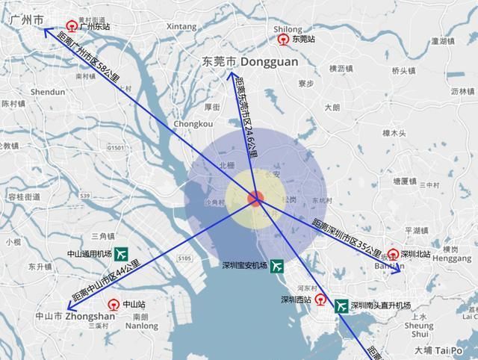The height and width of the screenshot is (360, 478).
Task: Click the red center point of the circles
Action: [x=255, y=199]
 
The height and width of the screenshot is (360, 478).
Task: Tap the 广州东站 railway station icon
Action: [x=71, y=25]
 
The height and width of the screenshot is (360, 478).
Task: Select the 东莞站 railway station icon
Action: [x=284, y=39]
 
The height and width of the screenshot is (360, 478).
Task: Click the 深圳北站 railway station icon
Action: [x=393, y=254]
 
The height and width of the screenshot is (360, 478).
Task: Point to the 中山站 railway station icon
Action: [x=113, y=304]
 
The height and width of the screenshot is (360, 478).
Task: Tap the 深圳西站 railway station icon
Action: [x=320, y=300]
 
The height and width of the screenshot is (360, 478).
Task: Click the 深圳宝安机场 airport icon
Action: [x=276, y=265]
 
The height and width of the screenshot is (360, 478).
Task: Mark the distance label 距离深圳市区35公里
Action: [x=347, y=238]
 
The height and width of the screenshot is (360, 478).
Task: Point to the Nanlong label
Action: [x=141, y=326]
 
